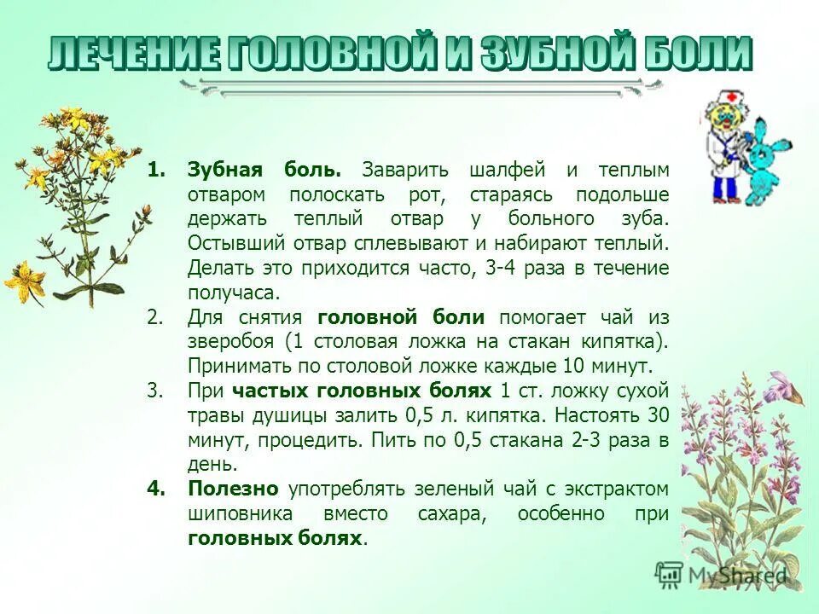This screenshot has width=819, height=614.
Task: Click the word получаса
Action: coord(233,293)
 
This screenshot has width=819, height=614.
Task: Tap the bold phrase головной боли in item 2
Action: coord(401,317)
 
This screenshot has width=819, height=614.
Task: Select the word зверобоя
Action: coord(231,342)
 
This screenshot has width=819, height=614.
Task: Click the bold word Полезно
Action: coord(233,489)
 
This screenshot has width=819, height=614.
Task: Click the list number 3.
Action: coord(154,391)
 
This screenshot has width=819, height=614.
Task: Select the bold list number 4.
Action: coord(154,489)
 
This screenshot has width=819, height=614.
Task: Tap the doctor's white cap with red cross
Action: coord(728,101)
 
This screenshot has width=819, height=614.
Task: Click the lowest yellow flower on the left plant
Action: coord(25,281)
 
